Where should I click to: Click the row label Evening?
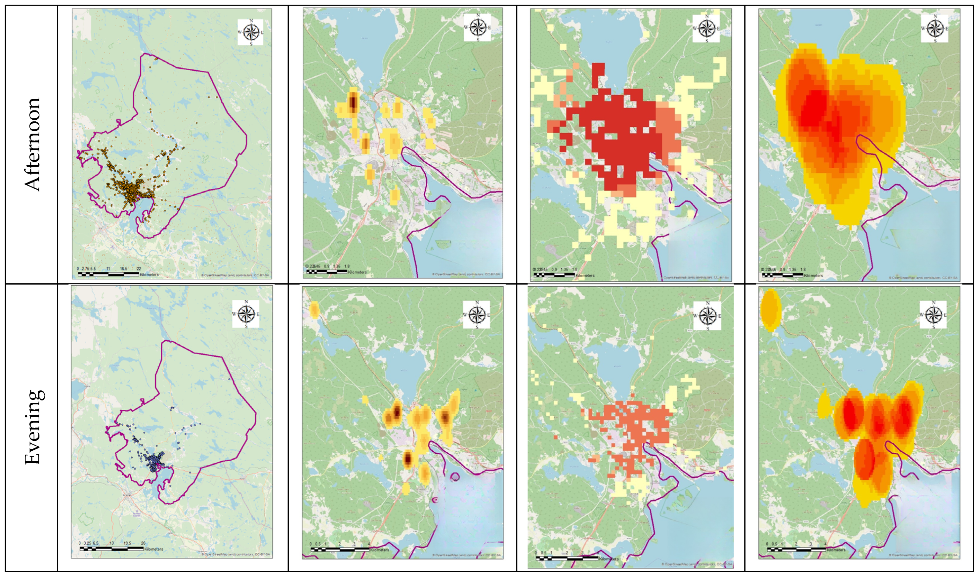click(x=33, y=427)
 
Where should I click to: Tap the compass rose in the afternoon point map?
click(x=250, y=32)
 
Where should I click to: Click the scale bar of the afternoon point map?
click(x=108, y=274)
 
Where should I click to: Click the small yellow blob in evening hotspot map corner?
click(x=314, y=310)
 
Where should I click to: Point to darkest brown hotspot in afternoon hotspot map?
click(x=353, y=102)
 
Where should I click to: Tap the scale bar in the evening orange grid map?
click(x=567, y=558)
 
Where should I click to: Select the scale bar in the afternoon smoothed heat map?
click(x=782, y=275)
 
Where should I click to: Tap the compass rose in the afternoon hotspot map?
click(x=477, y=27)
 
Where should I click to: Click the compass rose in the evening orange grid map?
click(x=707, y=315)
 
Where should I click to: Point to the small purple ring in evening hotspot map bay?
click(x=455, y=476)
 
